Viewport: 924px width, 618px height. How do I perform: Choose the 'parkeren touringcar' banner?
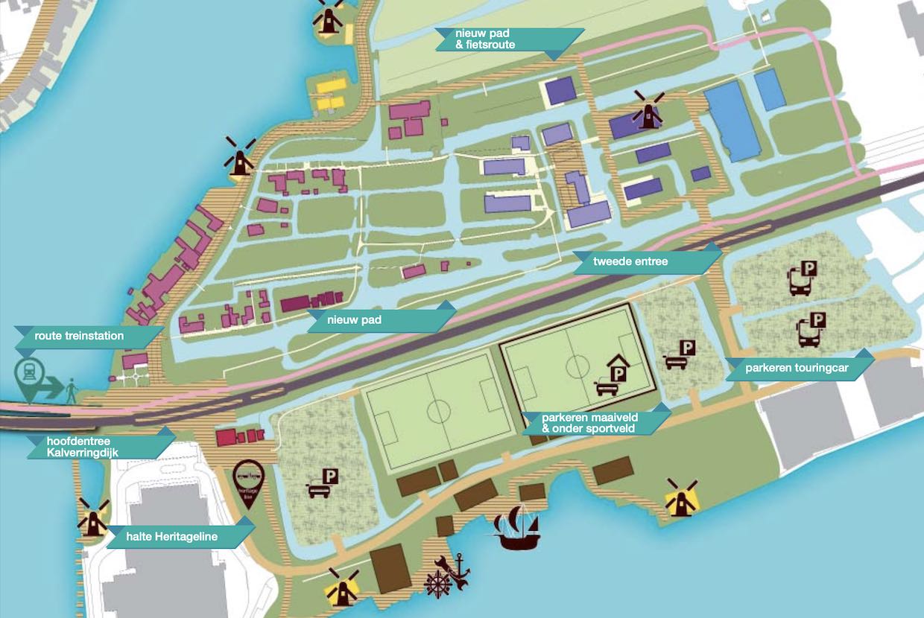[799, 368]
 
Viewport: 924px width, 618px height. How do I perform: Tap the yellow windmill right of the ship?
[680, 498]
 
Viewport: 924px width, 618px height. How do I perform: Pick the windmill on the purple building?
[648, 112]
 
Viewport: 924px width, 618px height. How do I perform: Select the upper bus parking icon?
[802, 278]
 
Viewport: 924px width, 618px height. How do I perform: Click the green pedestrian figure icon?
[72, 390]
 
